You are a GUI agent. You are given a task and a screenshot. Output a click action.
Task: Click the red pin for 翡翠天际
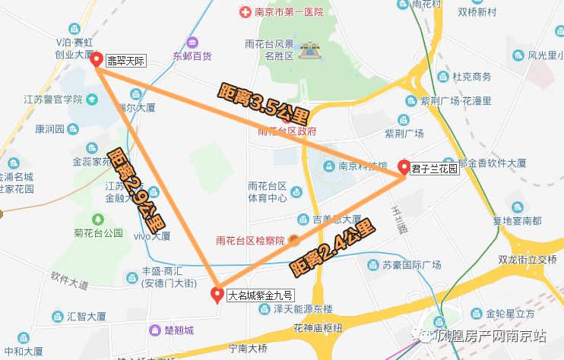[x=97, y=60]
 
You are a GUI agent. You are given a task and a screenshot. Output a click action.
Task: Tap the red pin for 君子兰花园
[x=404, y=167]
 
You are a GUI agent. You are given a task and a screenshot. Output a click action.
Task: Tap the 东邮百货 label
[x=192, y=55]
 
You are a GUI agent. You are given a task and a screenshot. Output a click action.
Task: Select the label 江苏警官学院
[x=52, y=99]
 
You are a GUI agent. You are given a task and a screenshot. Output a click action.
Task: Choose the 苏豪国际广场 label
[x=411, y=265]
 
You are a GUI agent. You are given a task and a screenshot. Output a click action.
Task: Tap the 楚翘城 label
[x=178, y=330]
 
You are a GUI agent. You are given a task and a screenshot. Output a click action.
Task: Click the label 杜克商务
[x=471, y=77]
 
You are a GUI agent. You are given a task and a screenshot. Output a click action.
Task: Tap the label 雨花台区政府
[x=287, y=131]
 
